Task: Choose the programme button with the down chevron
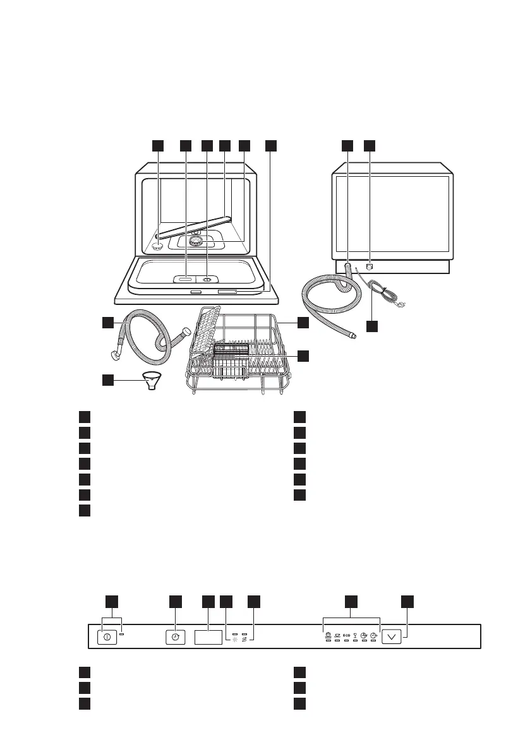[392, 636]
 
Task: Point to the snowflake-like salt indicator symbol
[234, 640]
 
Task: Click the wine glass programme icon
[355, 635]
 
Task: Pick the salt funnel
[152, 381]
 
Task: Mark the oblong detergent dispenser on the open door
[186, 278]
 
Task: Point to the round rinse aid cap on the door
[207, 278]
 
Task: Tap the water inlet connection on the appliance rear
[370, 266]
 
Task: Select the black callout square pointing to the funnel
[109, 380]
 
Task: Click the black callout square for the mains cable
[373, 326]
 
